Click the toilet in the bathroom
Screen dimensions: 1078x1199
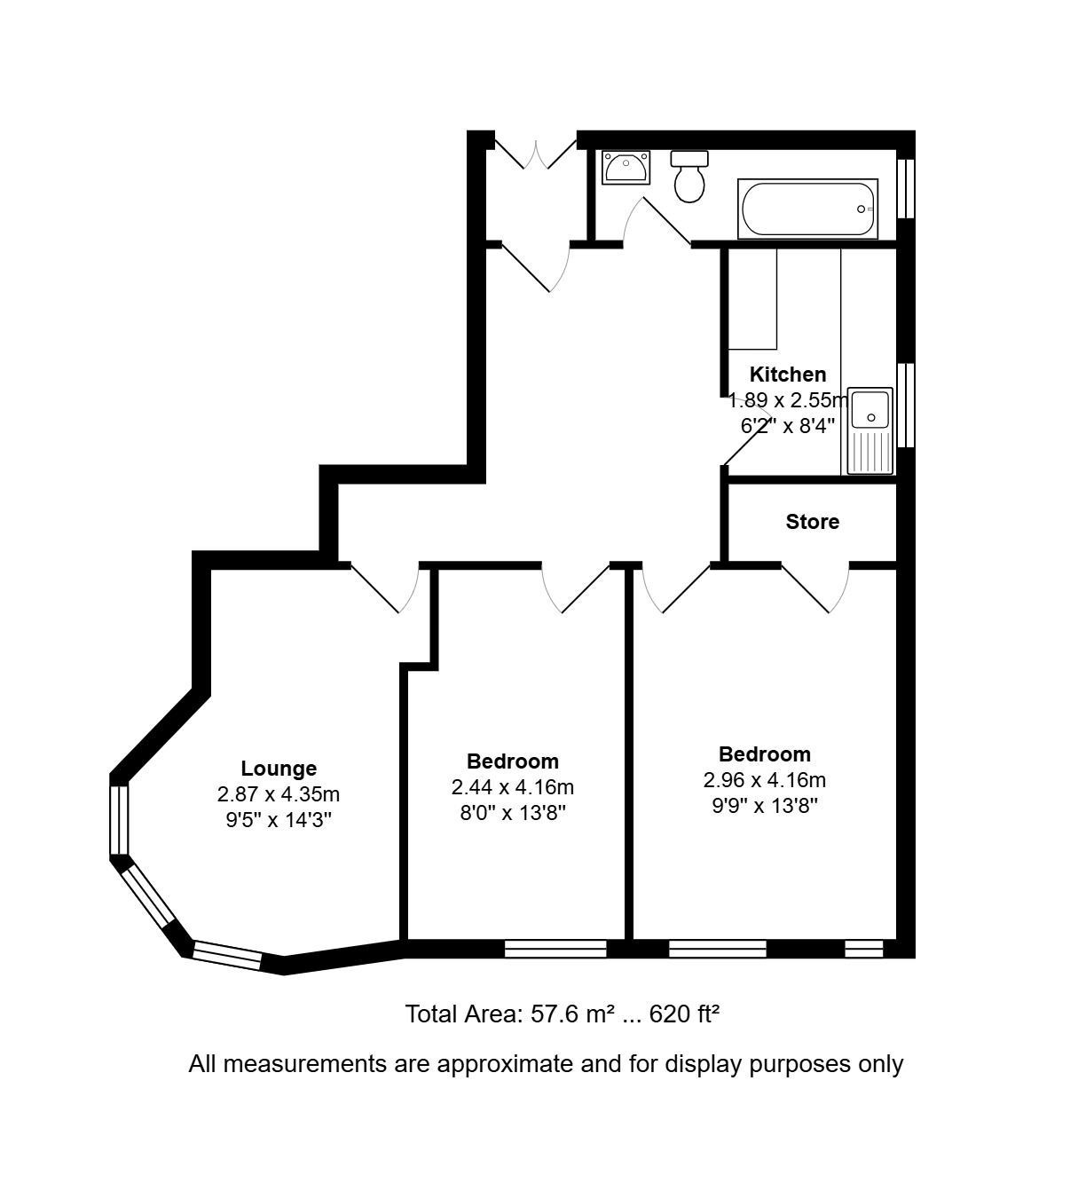(689, 177)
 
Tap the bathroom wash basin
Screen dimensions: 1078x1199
(626, 168)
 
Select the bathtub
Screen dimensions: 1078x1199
(807, 209)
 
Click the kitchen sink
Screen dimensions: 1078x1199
(870, 431)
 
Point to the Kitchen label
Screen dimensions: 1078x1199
(788, 375)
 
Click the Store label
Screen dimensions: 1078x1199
(812, 522)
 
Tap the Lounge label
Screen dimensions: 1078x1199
(279, 768)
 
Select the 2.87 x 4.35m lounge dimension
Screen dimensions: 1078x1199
(279, 794)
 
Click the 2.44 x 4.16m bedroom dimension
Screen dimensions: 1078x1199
(513, 787)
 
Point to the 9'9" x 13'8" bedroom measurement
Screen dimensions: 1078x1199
(765, 807)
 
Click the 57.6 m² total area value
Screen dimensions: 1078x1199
(573, 1014)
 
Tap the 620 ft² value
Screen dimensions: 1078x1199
(684, 1014)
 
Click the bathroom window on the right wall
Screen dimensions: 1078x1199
(906, 188)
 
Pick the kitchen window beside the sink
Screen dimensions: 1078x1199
(906, 406)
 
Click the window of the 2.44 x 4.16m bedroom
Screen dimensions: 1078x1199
(555, 949)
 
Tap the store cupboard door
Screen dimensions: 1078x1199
(815, 588)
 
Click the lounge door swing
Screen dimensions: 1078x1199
(384, 588)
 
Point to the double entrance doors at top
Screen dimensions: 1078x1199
(536, 154)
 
